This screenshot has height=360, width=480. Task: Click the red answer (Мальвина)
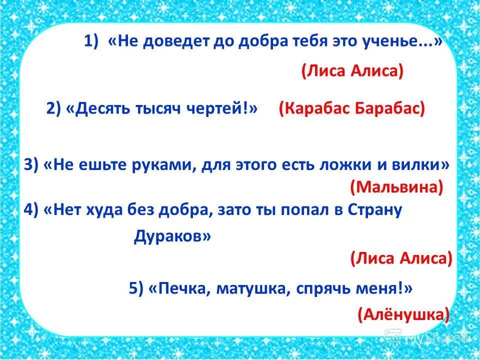coord(396,187)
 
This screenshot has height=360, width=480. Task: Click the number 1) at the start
coord(92,42)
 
